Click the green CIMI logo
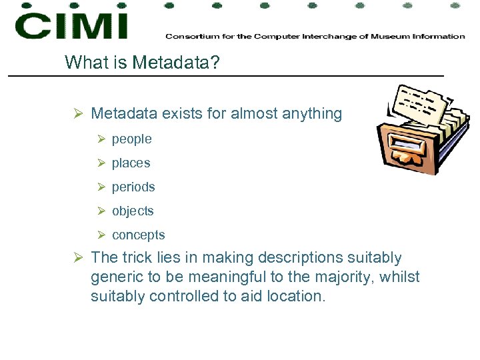[71, 25]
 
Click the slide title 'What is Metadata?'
[143, 63]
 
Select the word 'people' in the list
[131, 139]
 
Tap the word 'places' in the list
[131, 163]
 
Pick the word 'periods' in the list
[133, 187]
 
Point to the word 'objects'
[133, 211]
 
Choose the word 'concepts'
[138, 235]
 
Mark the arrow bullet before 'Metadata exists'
[78, 114]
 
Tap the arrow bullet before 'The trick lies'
[78, 258]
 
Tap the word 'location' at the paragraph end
[295, 296]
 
